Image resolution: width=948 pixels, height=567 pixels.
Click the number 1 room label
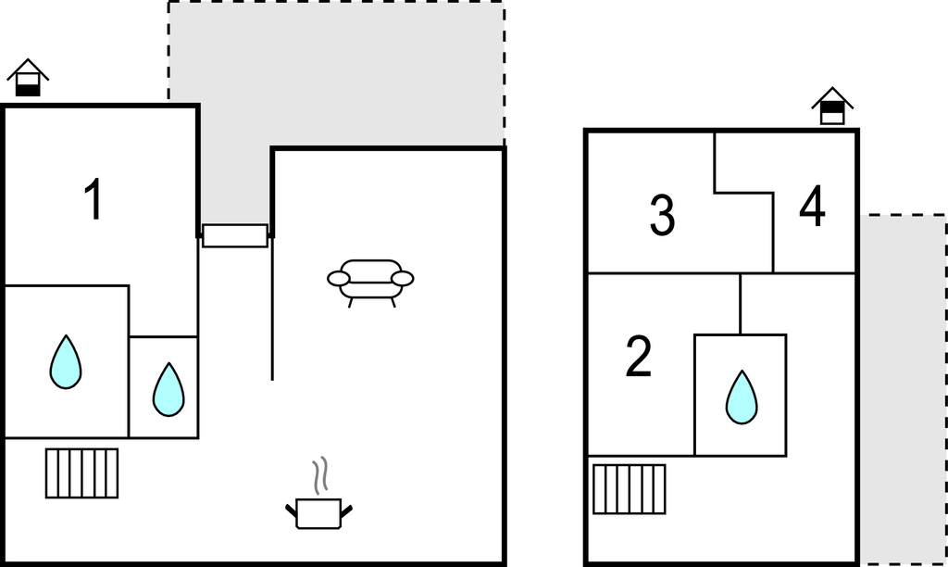point(94,199)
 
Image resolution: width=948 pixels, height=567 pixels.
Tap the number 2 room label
point(639,357)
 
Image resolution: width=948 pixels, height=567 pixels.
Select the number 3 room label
point(662,215)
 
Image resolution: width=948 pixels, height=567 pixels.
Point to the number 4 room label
point(812,206)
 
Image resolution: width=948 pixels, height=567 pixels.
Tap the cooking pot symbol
point(318,513)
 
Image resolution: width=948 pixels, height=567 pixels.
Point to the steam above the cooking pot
point(320,474)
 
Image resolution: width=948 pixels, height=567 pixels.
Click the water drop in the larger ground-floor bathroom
point(66,362)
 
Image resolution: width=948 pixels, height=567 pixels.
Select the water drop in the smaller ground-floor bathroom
point(168,390)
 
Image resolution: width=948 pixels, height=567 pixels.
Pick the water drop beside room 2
point(742,397)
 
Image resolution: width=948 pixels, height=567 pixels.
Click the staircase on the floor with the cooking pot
point(81,473)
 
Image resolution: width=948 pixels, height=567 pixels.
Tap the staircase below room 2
point(630,489)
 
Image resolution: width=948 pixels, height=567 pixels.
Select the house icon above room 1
point(28,78)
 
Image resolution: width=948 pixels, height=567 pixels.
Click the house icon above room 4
point(832,106)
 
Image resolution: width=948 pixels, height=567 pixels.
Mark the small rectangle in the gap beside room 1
point(235,236)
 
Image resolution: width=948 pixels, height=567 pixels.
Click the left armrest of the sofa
point(339,279)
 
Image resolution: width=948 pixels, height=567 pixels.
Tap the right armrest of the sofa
point(403,279)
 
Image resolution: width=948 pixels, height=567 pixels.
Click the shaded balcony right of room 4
point(904,390)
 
